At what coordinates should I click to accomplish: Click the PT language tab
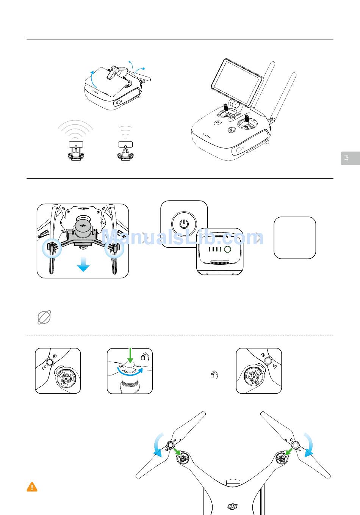(350, 158)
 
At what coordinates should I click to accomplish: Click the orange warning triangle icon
(32, 487)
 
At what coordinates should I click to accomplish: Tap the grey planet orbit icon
(44, 317)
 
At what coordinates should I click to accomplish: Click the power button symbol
(184, 224)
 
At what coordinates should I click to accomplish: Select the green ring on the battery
(227, 249)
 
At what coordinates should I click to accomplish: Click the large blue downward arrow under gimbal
(83, 264)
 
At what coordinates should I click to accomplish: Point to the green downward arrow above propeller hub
(130, 355)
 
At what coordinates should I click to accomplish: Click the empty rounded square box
(295, 238)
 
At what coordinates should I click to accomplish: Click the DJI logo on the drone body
(232, 506)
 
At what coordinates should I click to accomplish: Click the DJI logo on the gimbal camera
(83, 225)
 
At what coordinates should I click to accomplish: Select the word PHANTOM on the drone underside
(83, 209)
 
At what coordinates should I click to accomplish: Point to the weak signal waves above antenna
(125, 132)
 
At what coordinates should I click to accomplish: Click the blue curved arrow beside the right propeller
(308, 445)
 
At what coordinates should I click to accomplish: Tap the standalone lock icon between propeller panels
(214, 375)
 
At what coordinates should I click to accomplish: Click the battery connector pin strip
(219, 262)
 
